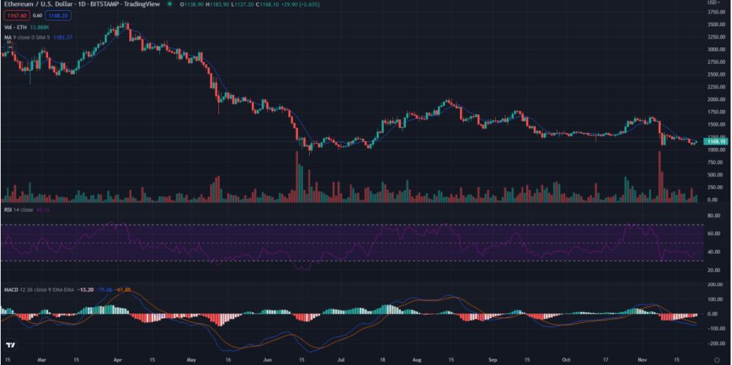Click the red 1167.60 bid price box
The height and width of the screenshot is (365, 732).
pos(14,14)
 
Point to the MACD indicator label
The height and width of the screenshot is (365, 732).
pos(12,289)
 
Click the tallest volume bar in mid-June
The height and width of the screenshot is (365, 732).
pos(297,177)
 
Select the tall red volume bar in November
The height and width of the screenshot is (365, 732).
pos(660,177)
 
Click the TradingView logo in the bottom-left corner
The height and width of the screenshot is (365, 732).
pos(10,344)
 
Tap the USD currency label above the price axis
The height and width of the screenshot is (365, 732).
pos(713,3)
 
